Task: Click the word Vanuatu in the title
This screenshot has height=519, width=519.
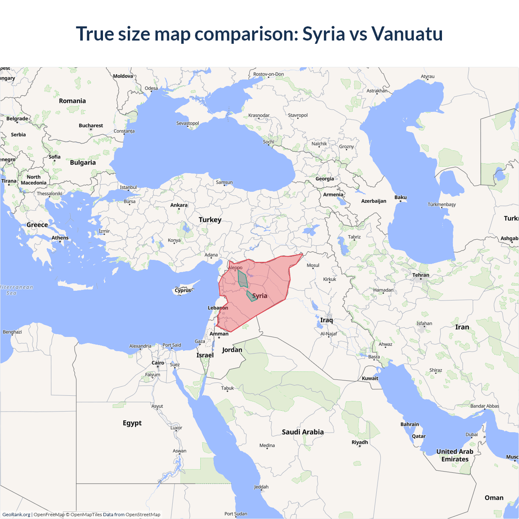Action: pos(407,34)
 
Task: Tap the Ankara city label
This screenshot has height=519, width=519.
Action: pos(179,205)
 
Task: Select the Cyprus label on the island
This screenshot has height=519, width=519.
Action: pos(183,290)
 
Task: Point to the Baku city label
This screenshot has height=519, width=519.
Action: pos(400,197)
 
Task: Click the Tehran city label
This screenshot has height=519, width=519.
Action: pos(420,275)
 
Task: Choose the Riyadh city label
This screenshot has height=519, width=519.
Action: pos(360,442)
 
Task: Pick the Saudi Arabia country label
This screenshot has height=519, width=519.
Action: pos(302,432)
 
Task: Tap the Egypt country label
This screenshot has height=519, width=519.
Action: pos(132,423)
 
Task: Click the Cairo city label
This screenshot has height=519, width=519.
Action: pos(158,363)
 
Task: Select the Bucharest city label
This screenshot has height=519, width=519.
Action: pos(91,126)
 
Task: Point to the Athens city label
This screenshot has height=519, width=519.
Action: pos(60,238)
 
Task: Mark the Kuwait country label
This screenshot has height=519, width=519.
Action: pos(370,378)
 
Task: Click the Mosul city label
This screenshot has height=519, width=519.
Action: pos(313,265)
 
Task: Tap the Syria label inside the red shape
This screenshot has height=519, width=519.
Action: pos(259,296)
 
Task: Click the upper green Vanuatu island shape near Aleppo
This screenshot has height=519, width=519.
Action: pos(242,279)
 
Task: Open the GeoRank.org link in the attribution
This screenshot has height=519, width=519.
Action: pos(16,515)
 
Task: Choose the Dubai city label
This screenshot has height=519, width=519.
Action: pos(472,434)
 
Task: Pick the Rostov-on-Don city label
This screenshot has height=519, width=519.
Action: pos(268,74)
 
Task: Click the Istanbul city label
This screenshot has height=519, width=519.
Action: pos(128,187)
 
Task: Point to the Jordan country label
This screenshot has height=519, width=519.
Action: pos(232,350)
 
